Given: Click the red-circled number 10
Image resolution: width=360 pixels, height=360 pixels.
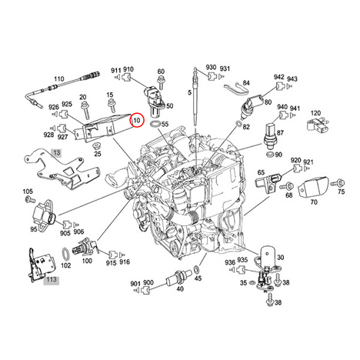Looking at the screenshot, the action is tap(137, 120).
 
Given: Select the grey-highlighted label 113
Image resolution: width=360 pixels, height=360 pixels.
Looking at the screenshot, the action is tap(51, 280).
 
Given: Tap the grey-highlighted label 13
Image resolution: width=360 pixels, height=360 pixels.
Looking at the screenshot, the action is tap(56, 153).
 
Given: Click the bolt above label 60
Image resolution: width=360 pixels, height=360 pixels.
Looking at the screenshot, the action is tap(161, 82).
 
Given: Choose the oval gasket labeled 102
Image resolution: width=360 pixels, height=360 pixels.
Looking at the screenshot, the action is tap(66, 255).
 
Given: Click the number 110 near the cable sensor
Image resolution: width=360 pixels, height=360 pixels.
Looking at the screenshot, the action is tap(59, 78).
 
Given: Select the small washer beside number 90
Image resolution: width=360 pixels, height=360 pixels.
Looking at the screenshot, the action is tap(270, 155).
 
